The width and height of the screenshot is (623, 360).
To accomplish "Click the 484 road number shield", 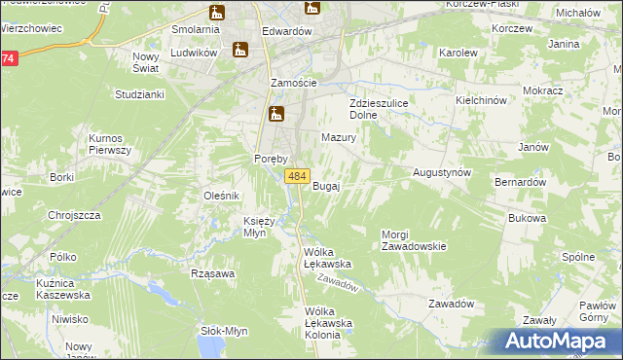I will point(298,176).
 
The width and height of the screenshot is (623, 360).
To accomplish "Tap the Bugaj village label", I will point(326,186).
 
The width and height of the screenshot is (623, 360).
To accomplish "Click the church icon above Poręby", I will point(276,116).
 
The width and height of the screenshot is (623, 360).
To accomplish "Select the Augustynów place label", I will point(442,171).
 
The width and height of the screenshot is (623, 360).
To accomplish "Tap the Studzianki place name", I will point(139,94).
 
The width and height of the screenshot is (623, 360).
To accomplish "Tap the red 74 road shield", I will point(8,58).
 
